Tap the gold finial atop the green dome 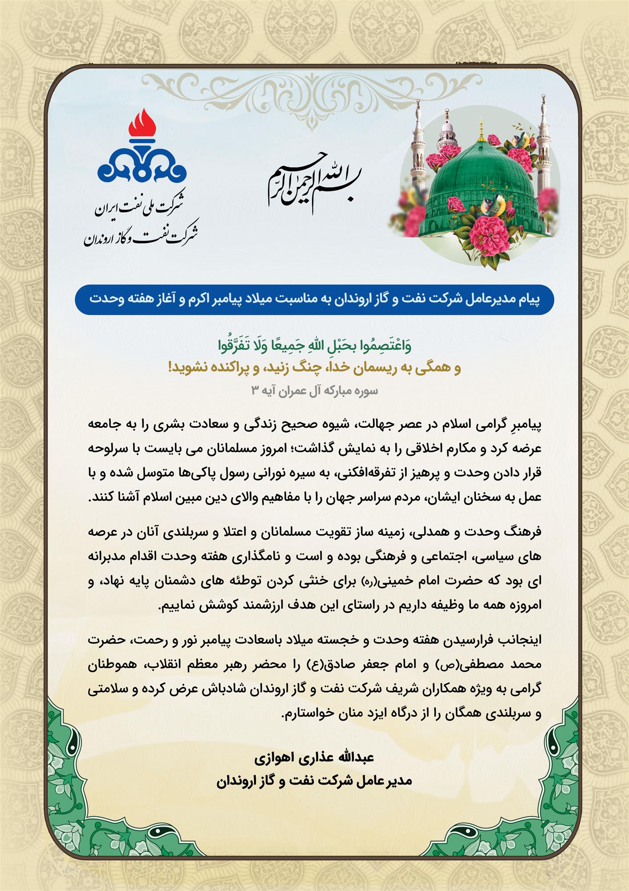coord(481,125)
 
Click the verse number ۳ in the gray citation coord(255,391)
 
